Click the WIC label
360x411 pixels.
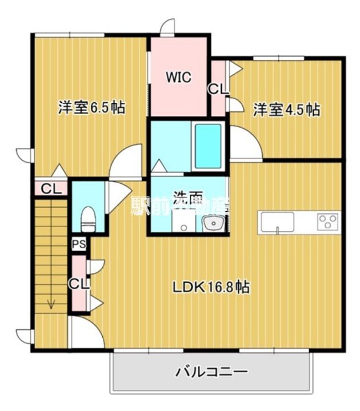[178, 77]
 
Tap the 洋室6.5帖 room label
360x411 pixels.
[91, 107]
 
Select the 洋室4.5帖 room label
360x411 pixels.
[286, 109]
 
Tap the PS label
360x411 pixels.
[79, 244]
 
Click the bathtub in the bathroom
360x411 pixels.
[207, 146]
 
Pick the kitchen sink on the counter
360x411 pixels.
[278, 221]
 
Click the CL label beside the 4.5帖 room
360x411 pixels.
[218, 89]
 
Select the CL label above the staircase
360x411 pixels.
[51, 189]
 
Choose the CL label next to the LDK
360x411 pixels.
[78, 283]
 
